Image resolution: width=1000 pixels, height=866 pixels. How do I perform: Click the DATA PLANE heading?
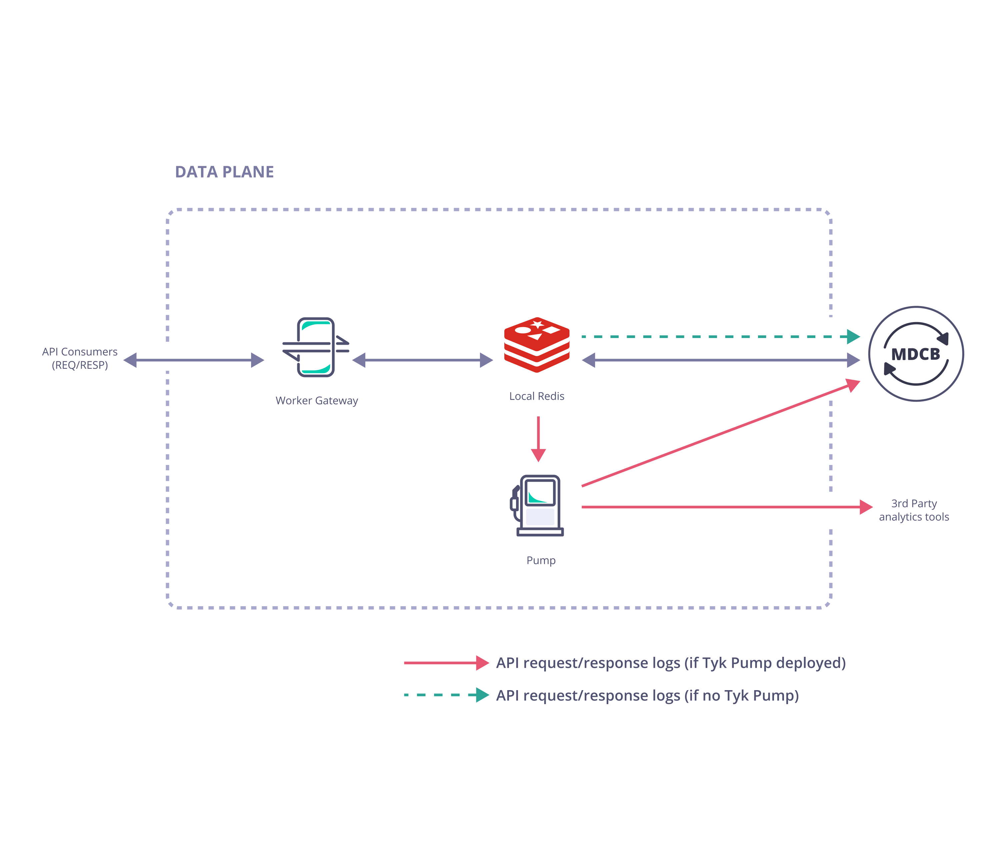(224, 172)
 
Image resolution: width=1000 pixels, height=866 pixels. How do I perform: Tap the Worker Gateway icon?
(316, 347)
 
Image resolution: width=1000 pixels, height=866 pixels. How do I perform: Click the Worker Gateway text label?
(317, 401)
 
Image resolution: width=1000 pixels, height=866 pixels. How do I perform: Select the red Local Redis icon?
(537, 344)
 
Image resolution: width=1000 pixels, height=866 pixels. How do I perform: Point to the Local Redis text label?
(537, 396)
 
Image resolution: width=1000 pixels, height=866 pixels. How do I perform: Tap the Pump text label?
(541, 561)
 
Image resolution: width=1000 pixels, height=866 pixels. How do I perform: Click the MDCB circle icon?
(916, 354)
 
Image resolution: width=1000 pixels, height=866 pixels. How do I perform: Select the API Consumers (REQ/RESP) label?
(80, 359)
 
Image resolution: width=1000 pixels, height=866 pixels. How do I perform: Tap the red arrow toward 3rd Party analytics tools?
(725, 507)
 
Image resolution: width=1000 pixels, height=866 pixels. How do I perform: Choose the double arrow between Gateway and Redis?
(423, 360)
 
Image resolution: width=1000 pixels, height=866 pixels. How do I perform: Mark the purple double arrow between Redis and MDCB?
(721, 360)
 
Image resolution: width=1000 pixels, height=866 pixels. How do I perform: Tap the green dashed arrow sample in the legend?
(446, 695)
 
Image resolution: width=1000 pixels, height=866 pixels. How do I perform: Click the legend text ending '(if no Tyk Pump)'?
(647, 695)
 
